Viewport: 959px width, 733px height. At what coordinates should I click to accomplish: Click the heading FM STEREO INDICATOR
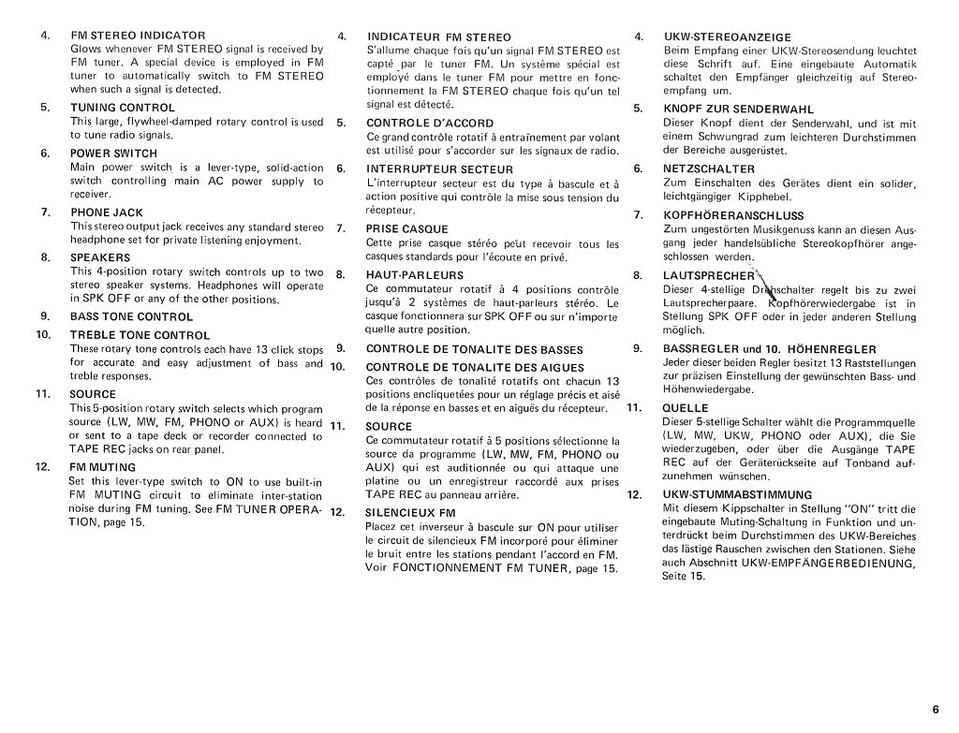pyautogui.click(x=138, y=36)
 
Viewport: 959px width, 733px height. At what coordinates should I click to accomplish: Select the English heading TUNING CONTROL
pyautogui.click(x=123, y=108)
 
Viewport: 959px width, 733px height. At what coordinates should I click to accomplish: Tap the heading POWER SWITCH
pyautogui.click(x=114, y=154)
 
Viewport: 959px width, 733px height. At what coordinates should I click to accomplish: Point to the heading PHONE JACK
pyautogui.click(x=107, y=213)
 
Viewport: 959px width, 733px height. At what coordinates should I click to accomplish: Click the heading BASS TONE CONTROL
pyautogui.click(x=131, y=316)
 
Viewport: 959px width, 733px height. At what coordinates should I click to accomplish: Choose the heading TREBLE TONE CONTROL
pyautogui.click(x=140, y=334)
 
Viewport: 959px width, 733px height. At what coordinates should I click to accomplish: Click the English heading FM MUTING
pyautogui.click(x=102, y=466)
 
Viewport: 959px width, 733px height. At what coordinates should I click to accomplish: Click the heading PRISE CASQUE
pyautogui.click(x=406, y=228)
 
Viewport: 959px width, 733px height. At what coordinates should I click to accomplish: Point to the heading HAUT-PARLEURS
pyautogui.click(x=414, y=275)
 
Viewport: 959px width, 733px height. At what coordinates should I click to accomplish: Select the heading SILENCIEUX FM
pyautogui.click(x=410, y=513)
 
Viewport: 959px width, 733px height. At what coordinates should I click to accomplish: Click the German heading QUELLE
pyautogui.click(x=686, y=408)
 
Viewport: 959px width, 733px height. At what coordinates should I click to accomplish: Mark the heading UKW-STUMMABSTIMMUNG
pyautogui.click(x=737, y=494)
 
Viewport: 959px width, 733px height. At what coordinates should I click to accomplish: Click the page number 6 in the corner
pyautogui.click(x=936, y=708)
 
